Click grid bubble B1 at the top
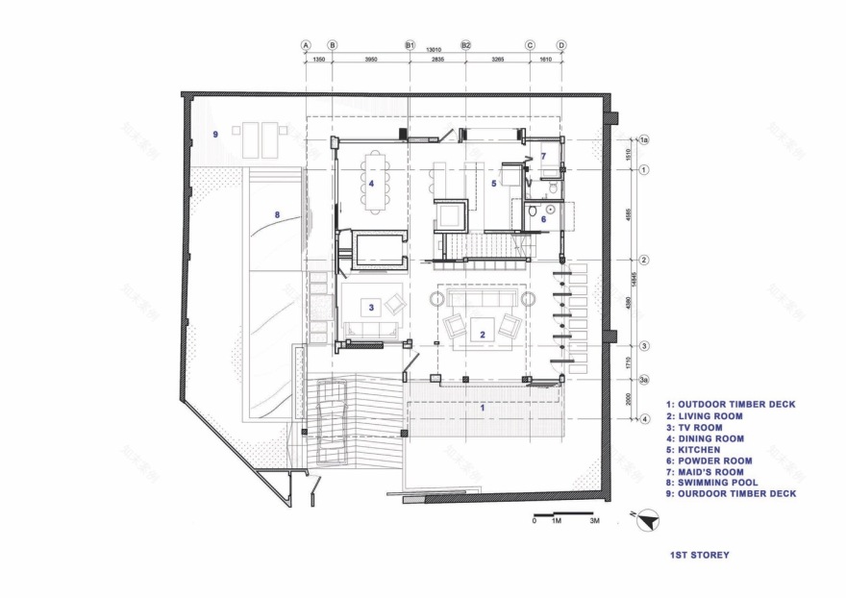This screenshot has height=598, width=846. [410, 45]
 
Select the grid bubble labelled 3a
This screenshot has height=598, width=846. [645, 380]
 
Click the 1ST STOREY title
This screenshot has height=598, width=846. [699, 555]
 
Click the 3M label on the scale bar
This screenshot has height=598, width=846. [595, 521]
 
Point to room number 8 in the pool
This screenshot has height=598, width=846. [277, 215]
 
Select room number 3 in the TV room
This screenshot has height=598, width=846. [370, 307]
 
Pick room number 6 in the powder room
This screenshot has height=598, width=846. [542, 219]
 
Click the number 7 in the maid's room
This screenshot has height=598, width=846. [542, 156]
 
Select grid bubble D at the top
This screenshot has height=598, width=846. [561, 45]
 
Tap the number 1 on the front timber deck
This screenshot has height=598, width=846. [483, 408]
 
